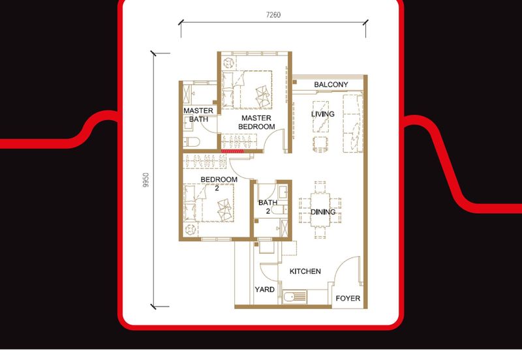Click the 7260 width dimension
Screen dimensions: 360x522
[274, 14]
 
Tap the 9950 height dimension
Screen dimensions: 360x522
[146, 181]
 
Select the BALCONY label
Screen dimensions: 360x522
[331, 85]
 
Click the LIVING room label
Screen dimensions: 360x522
[322, 114]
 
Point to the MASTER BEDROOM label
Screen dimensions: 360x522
[256, 122]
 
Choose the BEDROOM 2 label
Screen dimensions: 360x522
[218, 183]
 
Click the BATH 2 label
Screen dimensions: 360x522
[268, 207]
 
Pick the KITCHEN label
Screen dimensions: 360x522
[305, 271]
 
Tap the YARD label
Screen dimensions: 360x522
[264, 290]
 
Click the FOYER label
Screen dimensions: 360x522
[348, 299]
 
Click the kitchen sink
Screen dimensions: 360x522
[295, 297]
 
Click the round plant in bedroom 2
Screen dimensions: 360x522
[191, 230]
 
